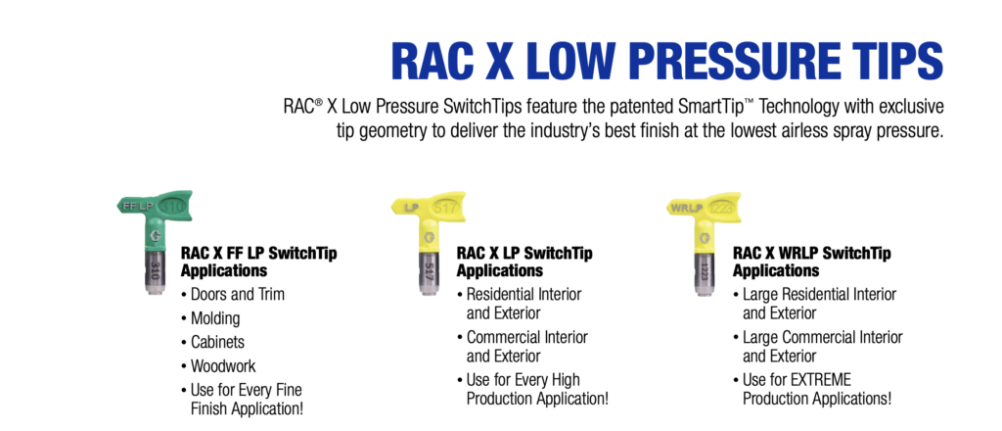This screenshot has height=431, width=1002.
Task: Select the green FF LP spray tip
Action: tap(150, 231)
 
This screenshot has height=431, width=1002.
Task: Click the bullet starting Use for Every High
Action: tap(523, 379)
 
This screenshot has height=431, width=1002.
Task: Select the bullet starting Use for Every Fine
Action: tap(247, 389)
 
